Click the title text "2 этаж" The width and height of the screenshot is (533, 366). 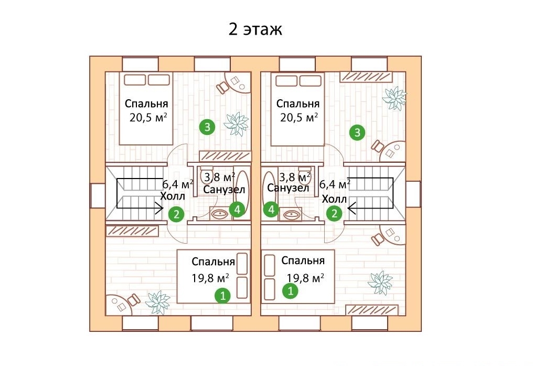[255, 29]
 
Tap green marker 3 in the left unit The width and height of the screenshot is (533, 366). [207, 127]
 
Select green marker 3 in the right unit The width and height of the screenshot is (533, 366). [357, 132]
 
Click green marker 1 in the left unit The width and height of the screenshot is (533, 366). [222, 295]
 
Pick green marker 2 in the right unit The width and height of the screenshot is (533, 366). [335, 213]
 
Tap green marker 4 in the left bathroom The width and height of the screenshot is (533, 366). [237, 209]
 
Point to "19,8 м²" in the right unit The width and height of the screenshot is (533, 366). [305, 278]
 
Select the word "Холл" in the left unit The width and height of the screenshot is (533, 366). [173, 196]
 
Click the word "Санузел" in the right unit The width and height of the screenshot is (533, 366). [288, 188]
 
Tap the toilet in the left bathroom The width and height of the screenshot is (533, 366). [207, 174]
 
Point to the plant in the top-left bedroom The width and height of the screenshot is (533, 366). [236, 123]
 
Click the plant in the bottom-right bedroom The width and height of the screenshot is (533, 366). [380, 283]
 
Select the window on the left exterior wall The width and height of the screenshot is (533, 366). [98, 195]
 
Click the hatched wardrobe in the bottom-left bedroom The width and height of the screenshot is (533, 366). [132, 231]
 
